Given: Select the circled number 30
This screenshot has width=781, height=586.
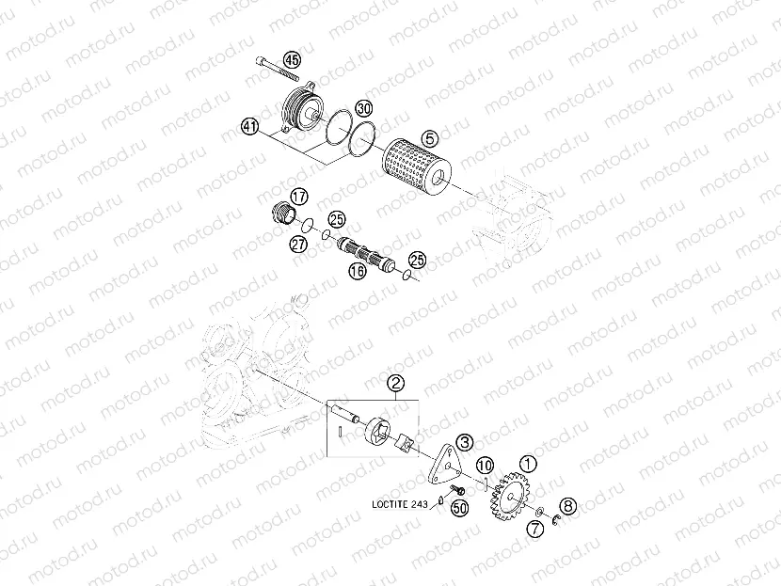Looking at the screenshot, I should pyautogui.click(x=364, y=108).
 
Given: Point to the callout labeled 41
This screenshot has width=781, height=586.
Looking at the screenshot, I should pyautogui.click(x=249, y=125).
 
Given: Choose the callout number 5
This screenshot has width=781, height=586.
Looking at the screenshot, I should pyautogui.click(x=428, y=135).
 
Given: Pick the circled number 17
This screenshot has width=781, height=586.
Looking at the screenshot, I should pyautogui.click(x=298, y=196).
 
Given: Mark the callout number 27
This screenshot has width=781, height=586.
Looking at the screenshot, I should pyautogui.click(x=298, y=244).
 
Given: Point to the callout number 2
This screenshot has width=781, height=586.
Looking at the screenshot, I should pyautogui.click(x=396, y=382).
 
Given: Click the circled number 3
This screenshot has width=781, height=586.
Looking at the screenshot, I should pyautogui.click(x=464, y=440).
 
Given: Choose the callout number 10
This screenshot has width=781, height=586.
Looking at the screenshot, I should pyautogui.click(x=484, y=466).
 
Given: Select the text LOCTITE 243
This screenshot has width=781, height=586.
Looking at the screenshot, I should pyautogui.click(x=399, y=504).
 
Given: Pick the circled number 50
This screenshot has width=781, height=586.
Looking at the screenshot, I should pyautogui.click(x=460, y=508).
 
